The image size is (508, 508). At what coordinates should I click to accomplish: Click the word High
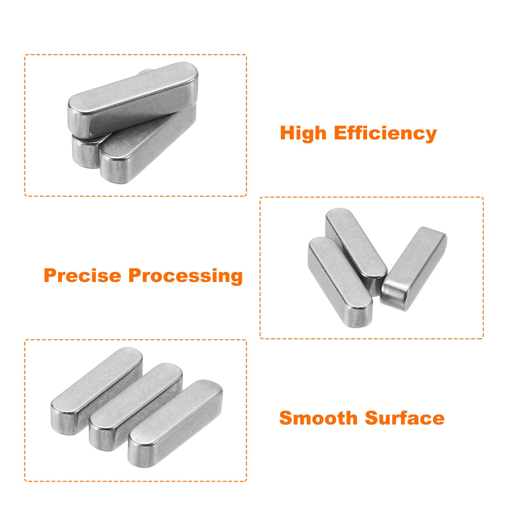(x=303, y=133)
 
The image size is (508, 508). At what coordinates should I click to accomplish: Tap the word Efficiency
(x=385, y=133)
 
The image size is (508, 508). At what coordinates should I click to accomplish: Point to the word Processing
(x=186, y=276)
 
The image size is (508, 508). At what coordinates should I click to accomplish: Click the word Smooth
(x=318, y=418)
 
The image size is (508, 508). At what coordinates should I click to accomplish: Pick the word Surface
(x=405, y=418)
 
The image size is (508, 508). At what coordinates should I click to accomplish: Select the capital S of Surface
(x=371, y=418)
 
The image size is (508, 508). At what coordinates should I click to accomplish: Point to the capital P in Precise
(x=50, y=275)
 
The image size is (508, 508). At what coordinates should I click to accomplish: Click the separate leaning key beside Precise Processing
(x=413, y=269)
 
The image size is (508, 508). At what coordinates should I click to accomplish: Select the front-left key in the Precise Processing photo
(x=340, y=282)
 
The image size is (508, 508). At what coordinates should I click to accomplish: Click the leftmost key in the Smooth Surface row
(x=97, y=391)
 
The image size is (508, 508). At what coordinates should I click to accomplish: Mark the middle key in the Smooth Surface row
(x=136, y=407)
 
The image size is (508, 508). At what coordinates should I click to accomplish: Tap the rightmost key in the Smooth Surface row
(x=175, y=424)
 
